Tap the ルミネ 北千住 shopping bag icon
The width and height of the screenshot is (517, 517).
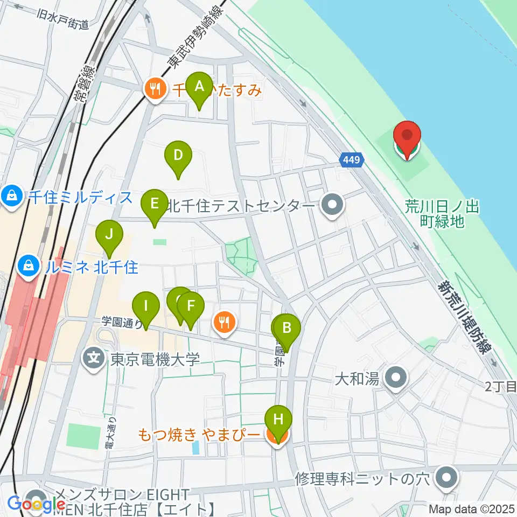(26, 265)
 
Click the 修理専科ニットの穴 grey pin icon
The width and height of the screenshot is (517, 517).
(446, 477)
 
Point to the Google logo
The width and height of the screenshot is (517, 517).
(32, 505)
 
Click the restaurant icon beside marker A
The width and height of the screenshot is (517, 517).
(156, 89)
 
